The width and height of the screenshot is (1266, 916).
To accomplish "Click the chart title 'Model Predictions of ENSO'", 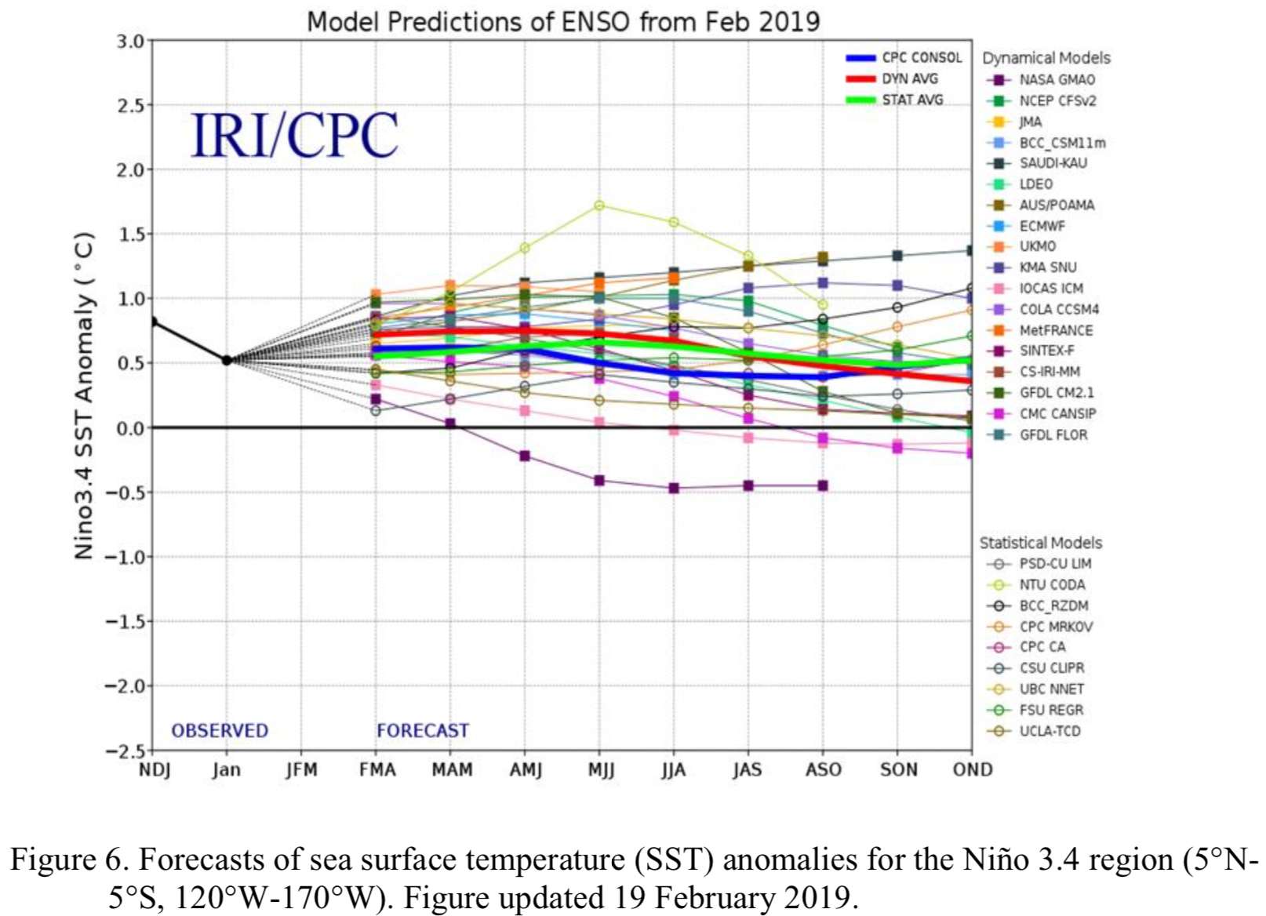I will (562, 21).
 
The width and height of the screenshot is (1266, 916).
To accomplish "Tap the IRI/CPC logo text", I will (294, 135).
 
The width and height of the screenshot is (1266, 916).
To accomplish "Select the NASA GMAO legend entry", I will (1056, 80).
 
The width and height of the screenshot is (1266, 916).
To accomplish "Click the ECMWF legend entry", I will (1042, 226).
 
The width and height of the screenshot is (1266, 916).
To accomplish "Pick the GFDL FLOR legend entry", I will (1053, 434).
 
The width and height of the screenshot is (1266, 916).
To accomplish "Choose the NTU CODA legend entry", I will (1051, 585).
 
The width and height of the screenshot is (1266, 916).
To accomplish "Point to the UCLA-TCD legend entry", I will (1050, 731).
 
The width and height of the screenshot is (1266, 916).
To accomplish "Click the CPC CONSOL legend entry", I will (921, 57).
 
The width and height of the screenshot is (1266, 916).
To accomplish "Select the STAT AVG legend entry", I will (911, 100).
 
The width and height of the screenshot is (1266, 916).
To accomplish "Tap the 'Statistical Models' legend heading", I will (1040, 543).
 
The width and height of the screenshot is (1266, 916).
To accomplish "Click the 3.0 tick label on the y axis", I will (130, 41).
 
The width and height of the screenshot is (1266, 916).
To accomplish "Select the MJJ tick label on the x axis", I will (601, 770).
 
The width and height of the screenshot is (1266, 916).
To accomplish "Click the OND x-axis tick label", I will (972, 770).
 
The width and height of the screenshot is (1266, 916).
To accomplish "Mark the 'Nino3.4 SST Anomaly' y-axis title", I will (84, 396).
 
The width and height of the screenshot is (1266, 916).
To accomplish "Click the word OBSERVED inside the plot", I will (220, 731).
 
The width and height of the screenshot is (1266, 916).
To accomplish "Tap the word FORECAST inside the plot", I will (422, 731).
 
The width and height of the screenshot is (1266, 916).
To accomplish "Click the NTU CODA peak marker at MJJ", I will (599, 205).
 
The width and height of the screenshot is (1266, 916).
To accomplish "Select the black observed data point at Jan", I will (227, 360).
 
